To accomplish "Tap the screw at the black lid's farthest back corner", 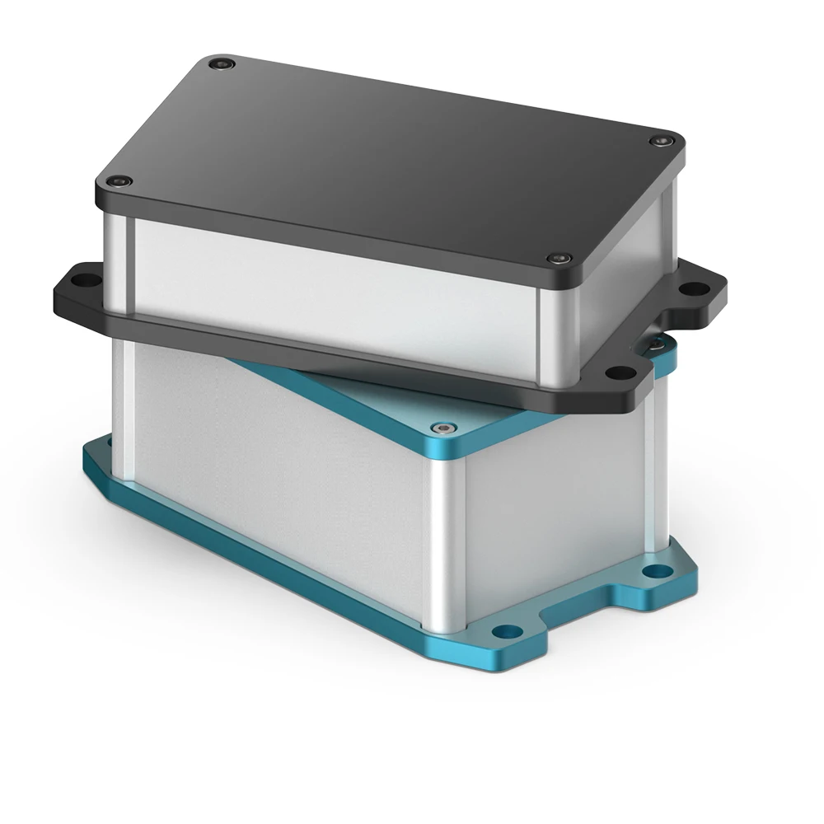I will click(218, 63).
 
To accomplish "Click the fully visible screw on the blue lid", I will click(445, 428).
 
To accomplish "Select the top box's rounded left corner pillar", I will click(115, 255).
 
